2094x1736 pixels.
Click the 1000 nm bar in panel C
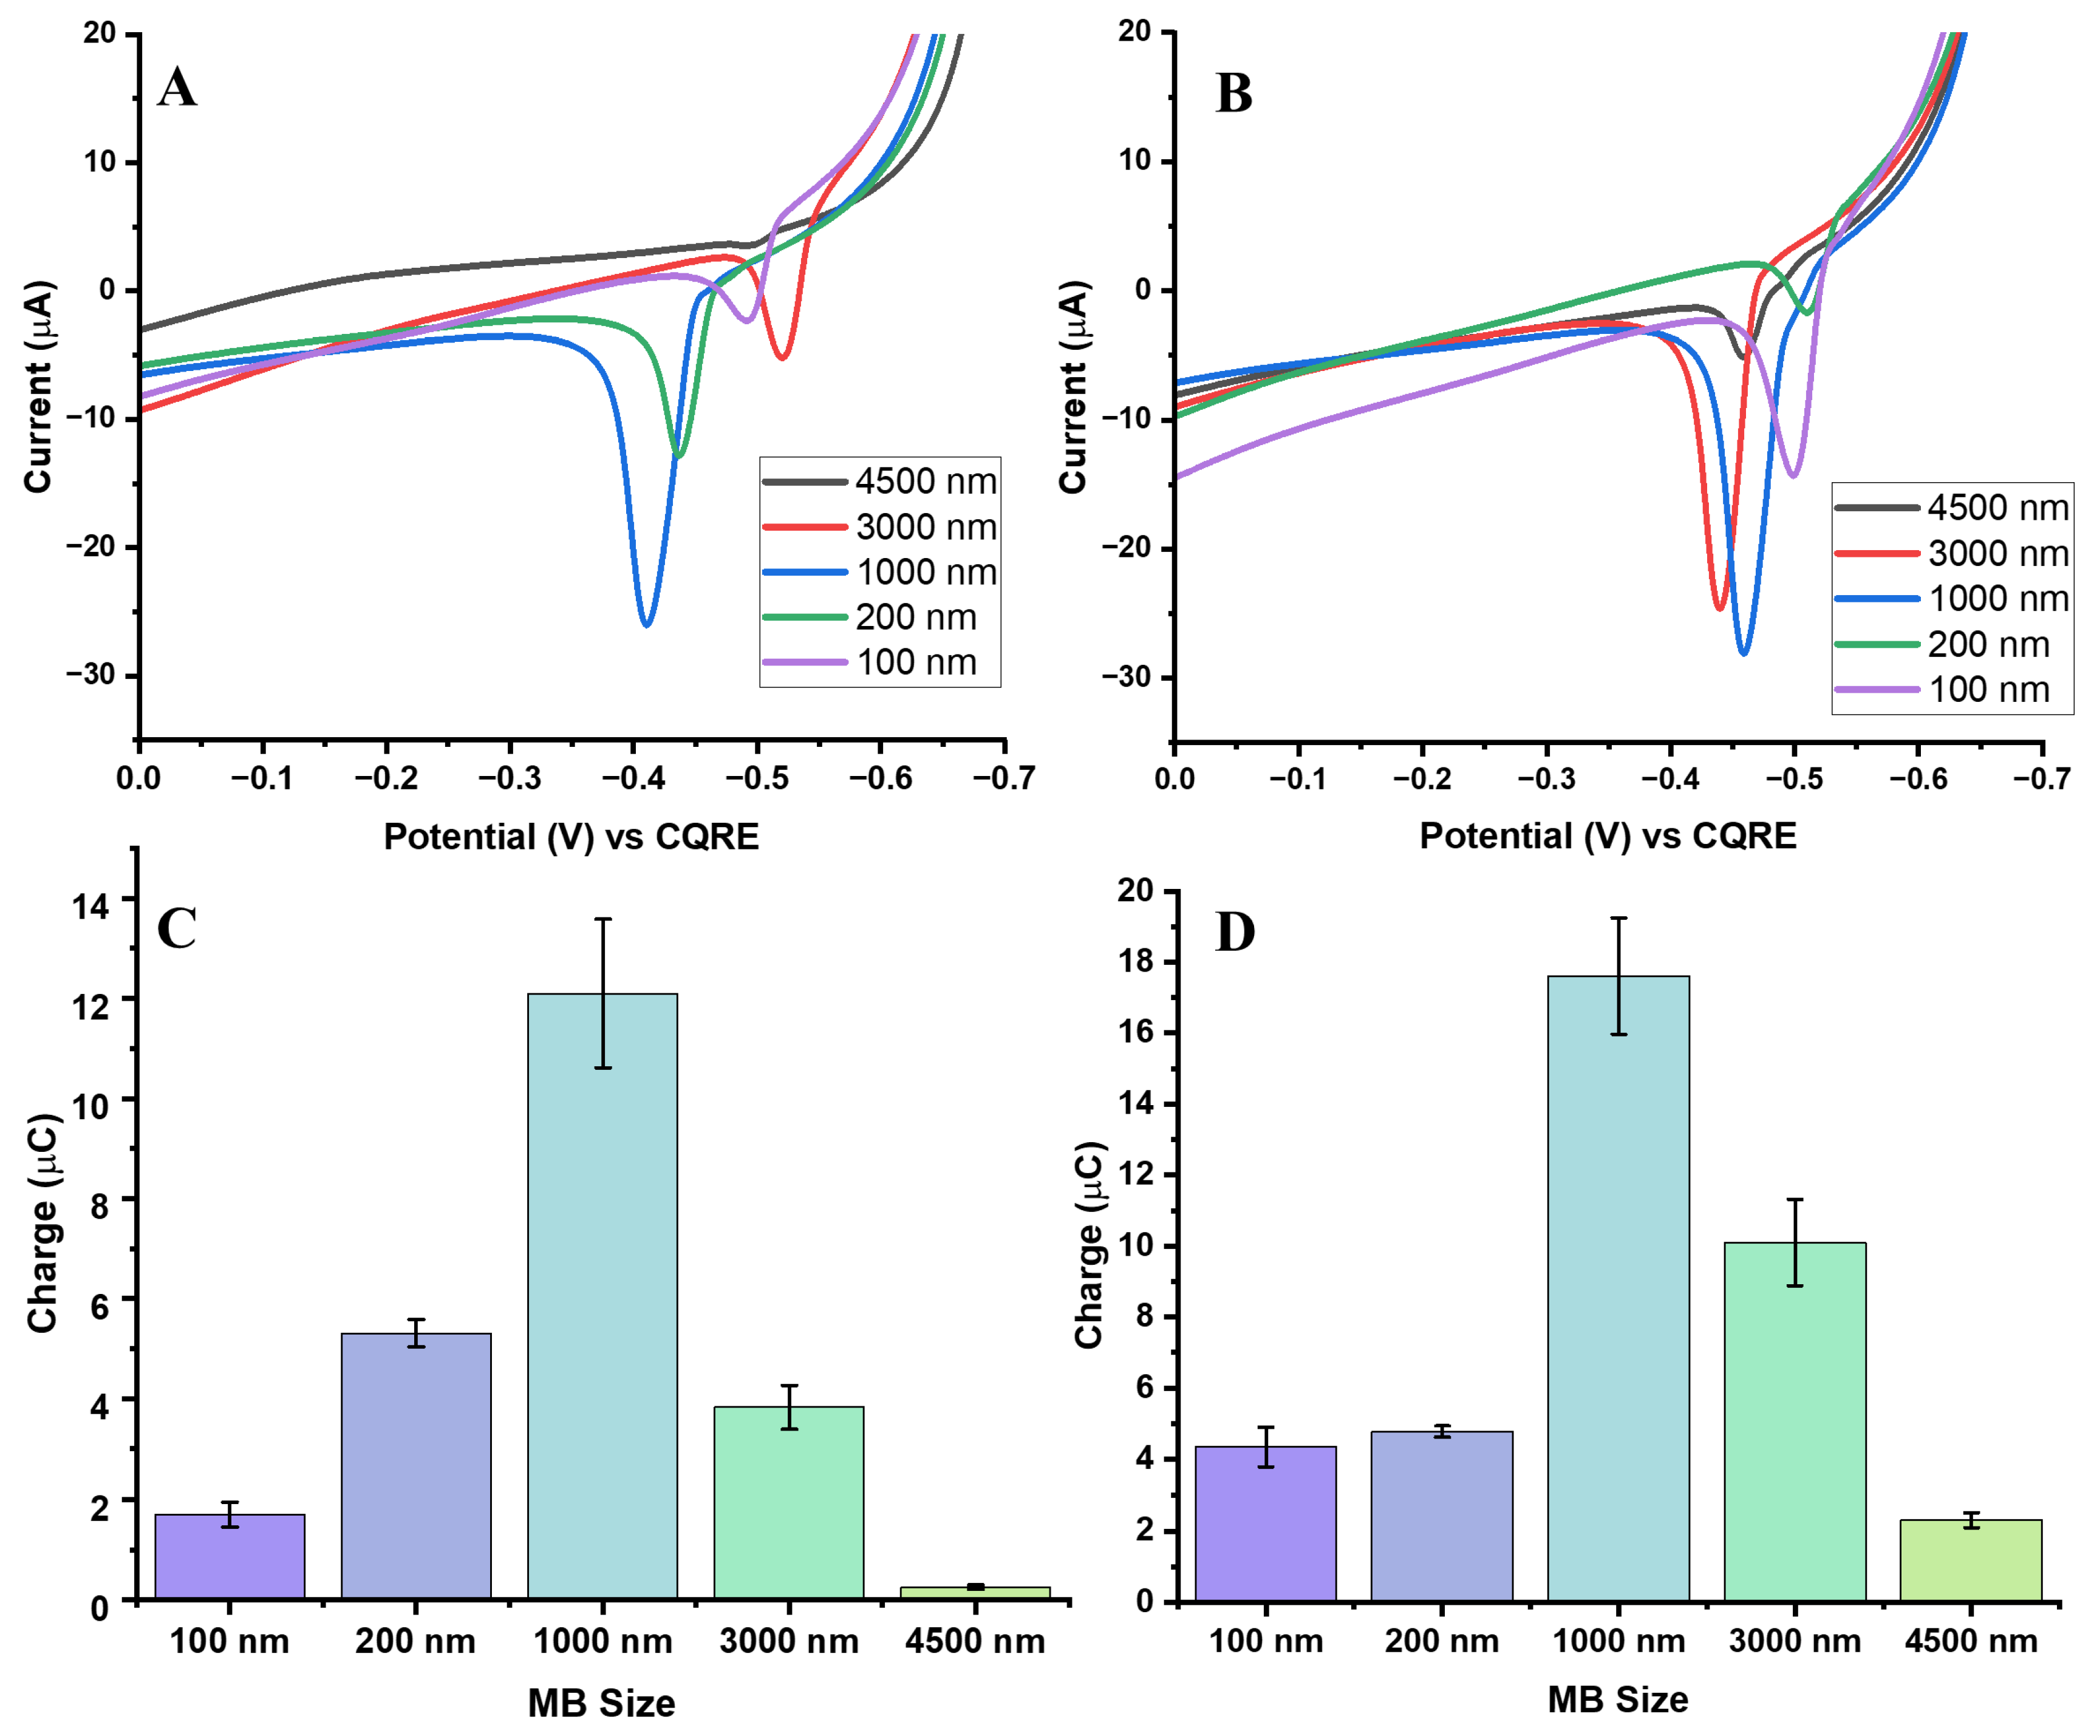pos(602,1296)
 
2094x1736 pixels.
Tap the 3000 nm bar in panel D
pos(1794,1421)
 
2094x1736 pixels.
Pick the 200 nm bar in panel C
pos(416,1466)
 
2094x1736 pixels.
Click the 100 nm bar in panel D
pos(1266,1523)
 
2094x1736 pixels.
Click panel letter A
pos(177,88)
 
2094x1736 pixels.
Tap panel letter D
pos(1235,932)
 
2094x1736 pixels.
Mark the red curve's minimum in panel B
pos(1719,608)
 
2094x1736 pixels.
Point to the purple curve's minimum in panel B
pos(1793,475)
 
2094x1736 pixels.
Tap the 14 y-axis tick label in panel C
pos(90,905)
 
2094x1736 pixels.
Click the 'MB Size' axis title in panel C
pos(601,1703)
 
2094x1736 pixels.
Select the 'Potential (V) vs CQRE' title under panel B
pos(1608,836)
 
